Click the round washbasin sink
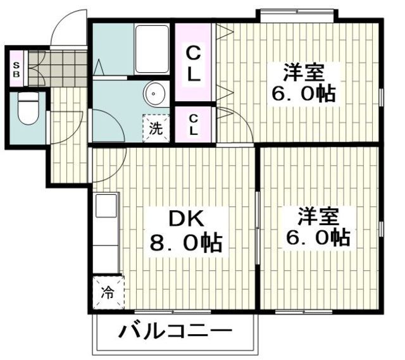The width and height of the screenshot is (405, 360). [x=154, y=94]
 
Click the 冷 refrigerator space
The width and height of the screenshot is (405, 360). [x=108, y=294]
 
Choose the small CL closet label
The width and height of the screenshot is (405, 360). [x=193, y=125]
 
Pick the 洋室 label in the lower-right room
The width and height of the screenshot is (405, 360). [x=318, y=215]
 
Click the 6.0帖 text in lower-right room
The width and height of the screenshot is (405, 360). [x=318, y=238]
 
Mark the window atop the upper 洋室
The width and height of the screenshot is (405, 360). [x=295, y=12]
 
